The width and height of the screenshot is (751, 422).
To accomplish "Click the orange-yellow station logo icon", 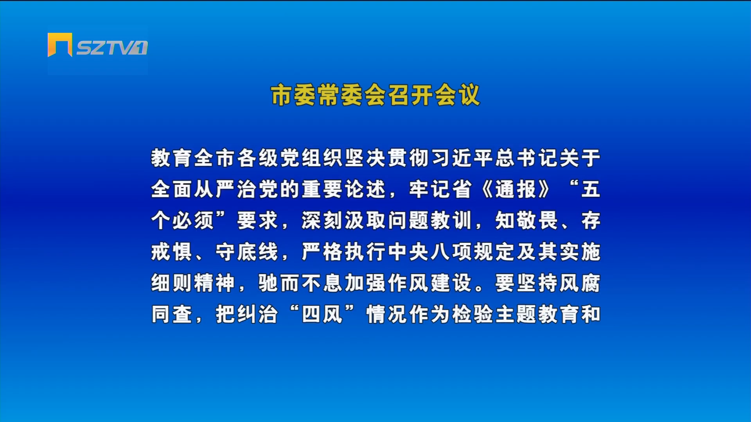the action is (x=60, y=45).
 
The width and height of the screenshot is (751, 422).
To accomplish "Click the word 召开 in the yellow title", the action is (x=411, y=95).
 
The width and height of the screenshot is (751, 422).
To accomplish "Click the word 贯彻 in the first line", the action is (x=409, y=158).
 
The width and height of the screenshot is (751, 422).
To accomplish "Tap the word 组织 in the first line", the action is (x=322, y=158).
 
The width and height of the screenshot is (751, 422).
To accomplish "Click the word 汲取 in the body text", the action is (x=365, y=220).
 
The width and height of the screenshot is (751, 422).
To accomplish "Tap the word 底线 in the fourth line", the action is (x=258, y=252).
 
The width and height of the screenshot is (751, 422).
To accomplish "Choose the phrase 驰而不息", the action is (x=301, y=283).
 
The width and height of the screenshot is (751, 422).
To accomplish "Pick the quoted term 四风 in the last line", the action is (x=322, y=314).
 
